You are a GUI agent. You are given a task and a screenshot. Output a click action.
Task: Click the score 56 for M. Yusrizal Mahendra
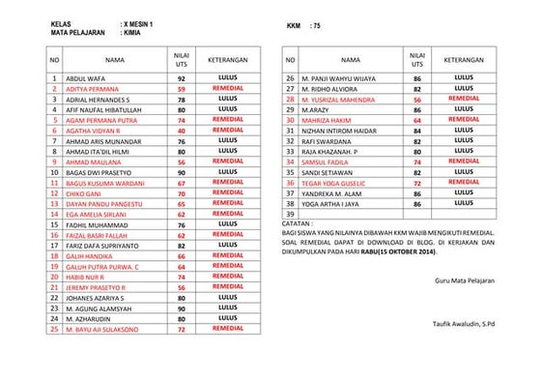point(417,99)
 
